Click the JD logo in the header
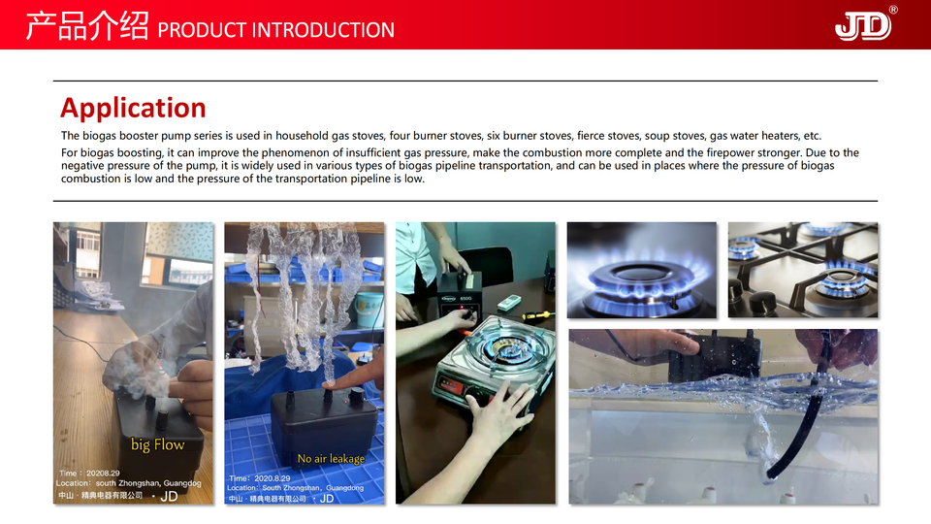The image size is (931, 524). tap(863, 26)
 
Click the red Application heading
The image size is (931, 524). tap(133, 109)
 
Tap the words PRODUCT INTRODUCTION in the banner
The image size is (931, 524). tap(275, 30)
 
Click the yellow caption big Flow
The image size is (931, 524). tap(157, 444)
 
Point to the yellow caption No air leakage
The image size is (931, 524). tap(331, 459)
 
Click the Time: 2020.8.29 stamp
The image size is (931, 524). tap(260, 478)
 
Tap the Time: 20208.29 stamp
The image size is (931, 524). tap(89, 474)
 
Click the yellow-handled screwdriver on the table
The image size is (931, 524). tap(538, 315)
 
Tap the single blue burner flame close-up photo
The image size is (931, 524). tap(642, 271)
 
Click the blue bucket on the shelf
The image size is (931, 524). tap(369, 309)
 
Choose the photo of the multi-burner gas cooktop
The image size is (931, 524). tap(803, 271)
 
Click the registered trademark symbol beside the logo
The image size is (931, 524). tap(893, 10)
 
